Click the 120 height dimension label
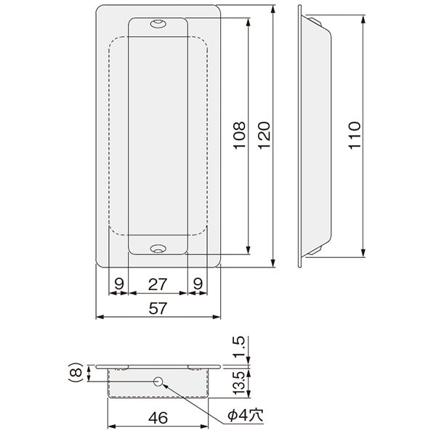(265, 135)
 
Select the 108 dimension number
(239, 135)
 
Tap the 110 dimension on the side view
(355, 135)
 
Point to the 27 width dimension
(158, 284)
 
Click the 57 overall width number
(158, 308)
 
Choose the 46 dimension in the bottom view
(158, 418)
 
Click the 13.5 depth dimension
(239, 383)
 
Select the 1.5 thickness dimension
(239, 347)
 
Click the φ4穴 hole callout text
(246, 416)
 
